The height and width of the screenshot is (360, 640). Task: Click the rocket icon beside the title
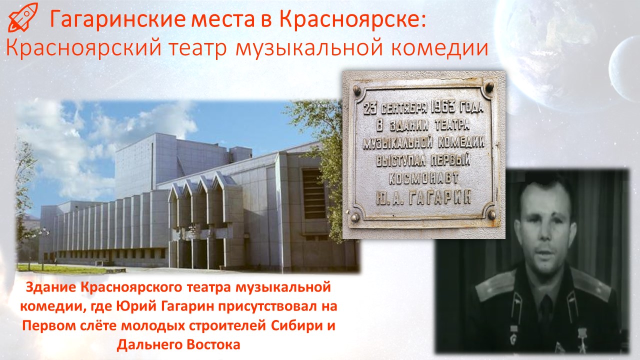23,17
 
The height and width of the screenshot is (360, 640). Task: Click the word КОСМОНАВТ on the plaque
424,178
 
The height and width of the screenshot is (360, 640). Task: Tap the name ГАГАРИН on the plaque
439,197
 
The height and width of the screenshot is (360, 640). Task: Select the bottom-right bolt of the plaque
491,214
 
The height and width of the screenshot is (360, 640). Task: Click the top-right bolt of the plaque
489,86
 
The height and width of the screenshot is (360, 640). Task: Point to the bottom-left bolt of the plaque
354,217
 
